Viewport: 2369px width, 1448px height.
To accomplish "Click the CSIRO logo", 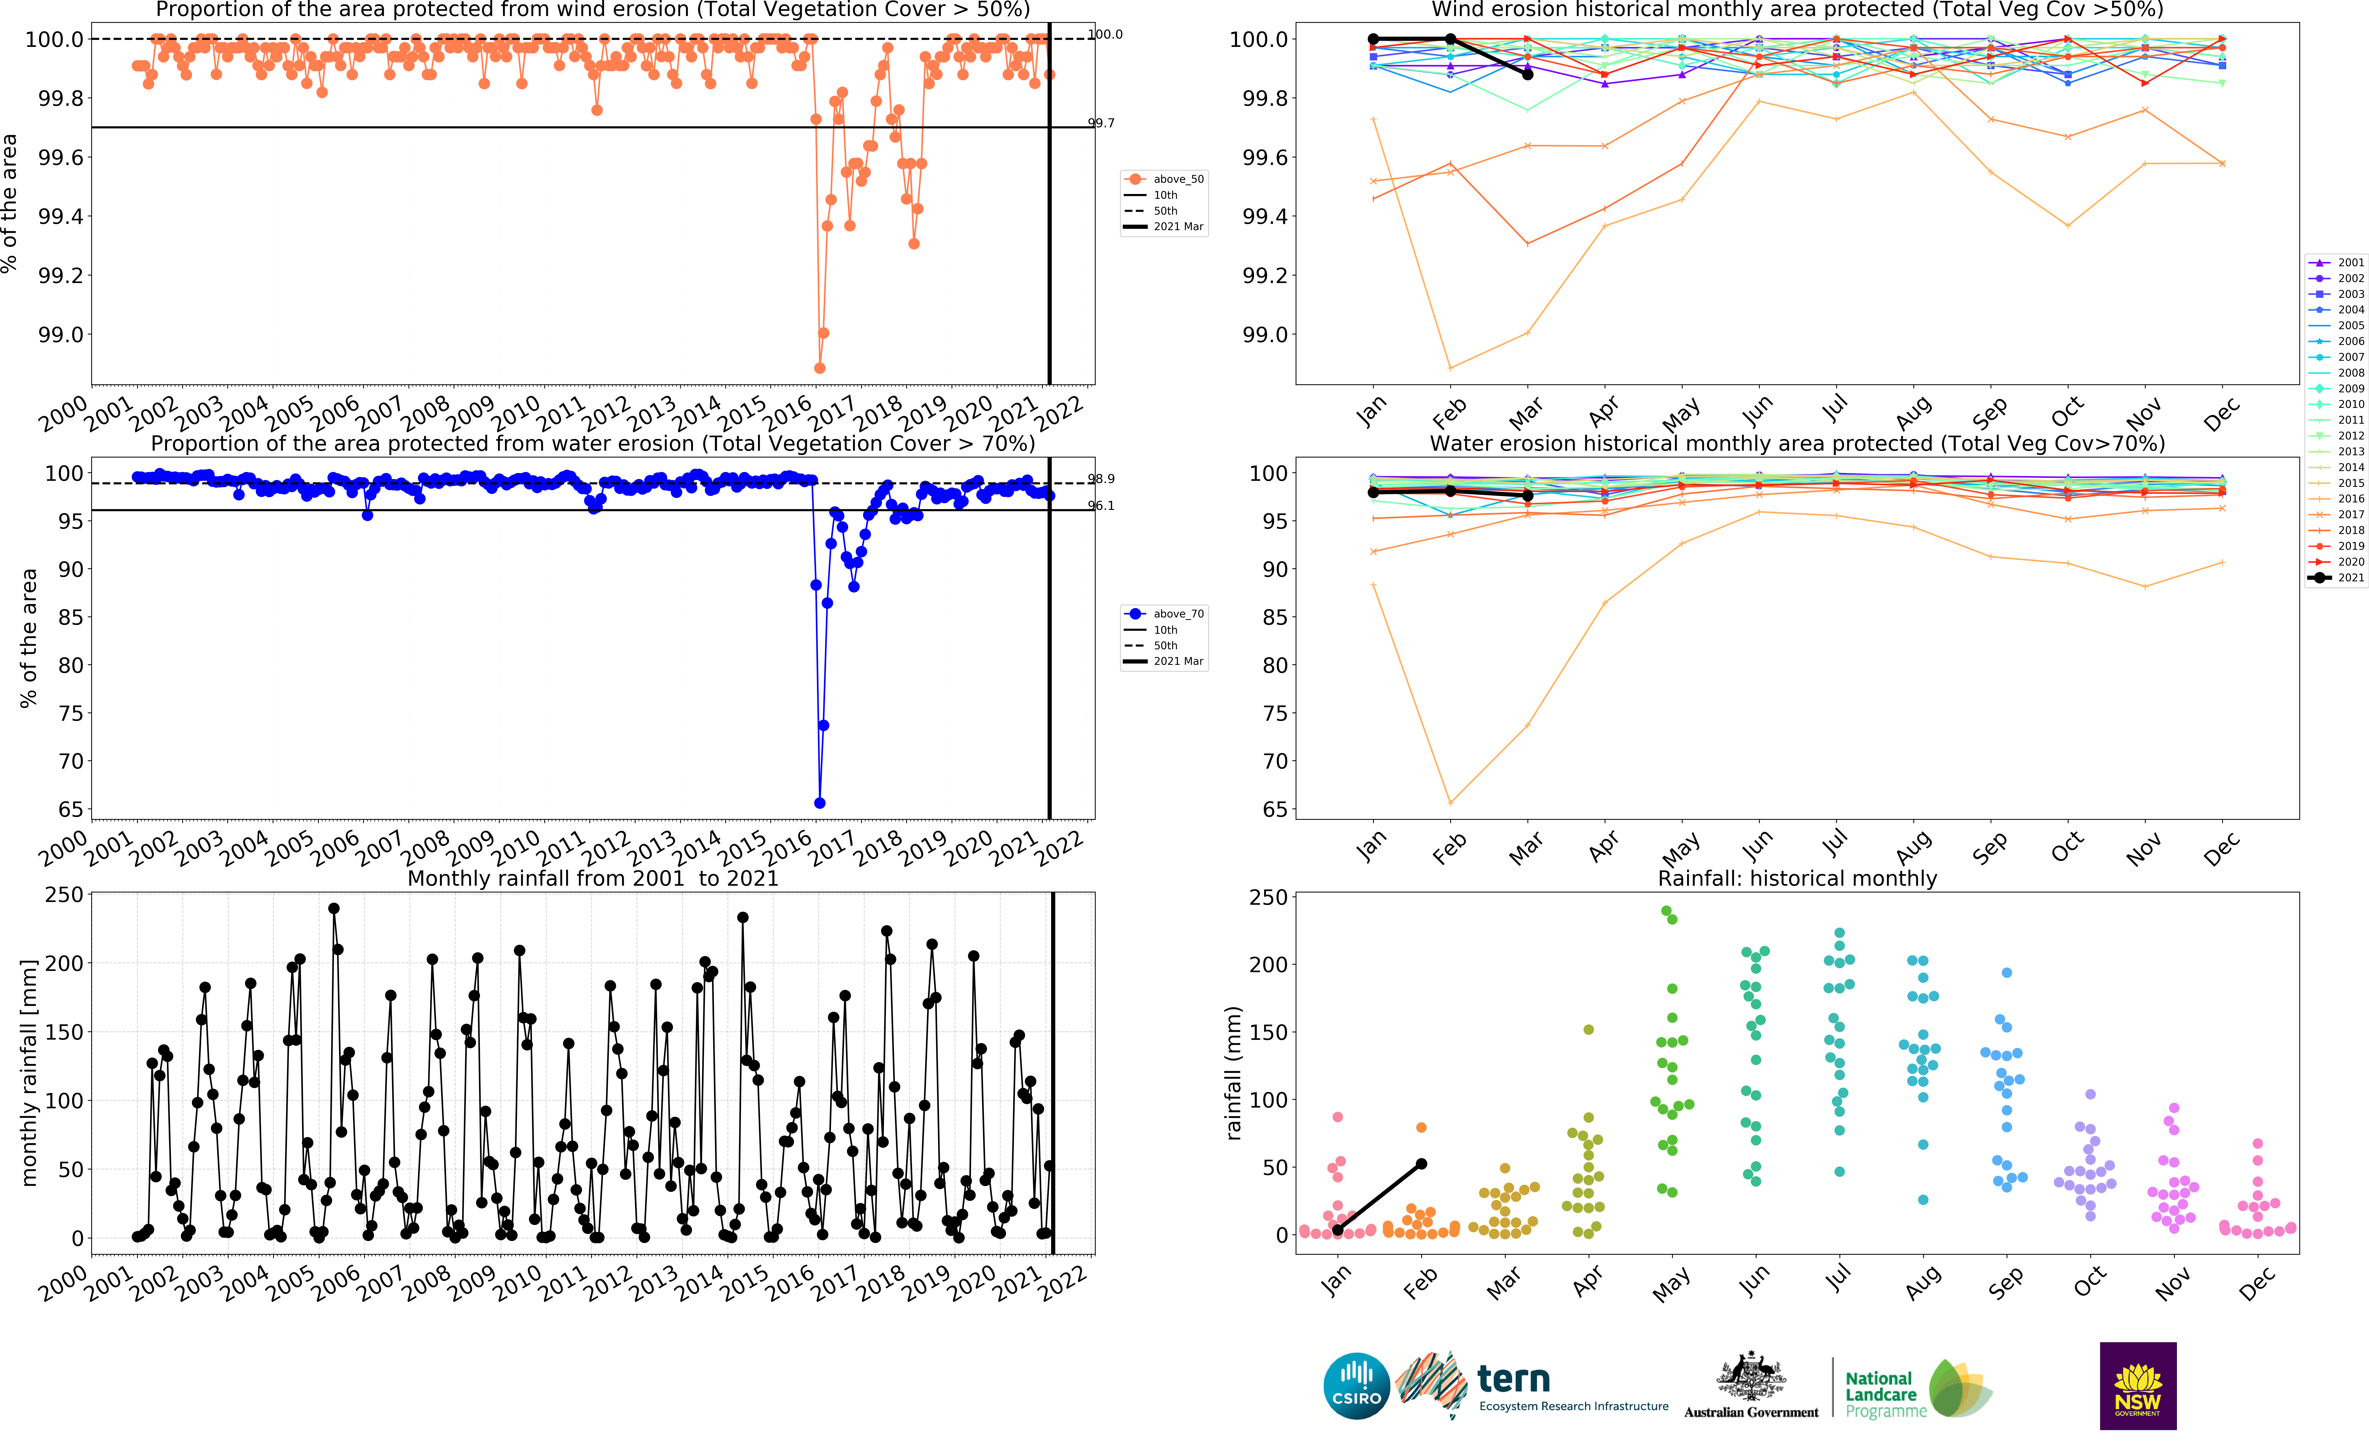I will pyautogui.click(x=1357, y=1386).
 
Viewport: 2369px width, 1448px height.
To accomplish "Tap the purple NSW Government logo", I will pyautogui.click(x=2137, y=1386).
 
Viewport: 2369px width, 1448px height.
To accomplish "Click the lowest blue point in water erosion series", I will pyautogui.click(x=819, y=803).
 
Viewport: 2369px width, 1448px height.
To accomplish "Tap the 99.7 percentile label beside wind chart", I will pyautogui.click(x=1101, y=123).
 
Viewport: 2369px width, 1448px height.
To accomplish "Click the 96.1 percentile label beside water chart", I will pyautogui.click(x=1101, y=506).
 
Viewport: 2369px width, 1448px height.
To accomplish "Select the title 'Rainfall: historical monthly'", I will pyautogui.click(x=1797, y=878).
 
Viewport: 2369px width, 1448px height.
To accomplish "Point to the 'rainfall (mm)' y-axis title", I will pyautogui.click(x=1233, y=1073).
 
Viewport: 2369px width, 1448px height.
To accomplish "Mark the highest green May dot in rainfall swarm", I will pyautogui.click(x=1666, y=911).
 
